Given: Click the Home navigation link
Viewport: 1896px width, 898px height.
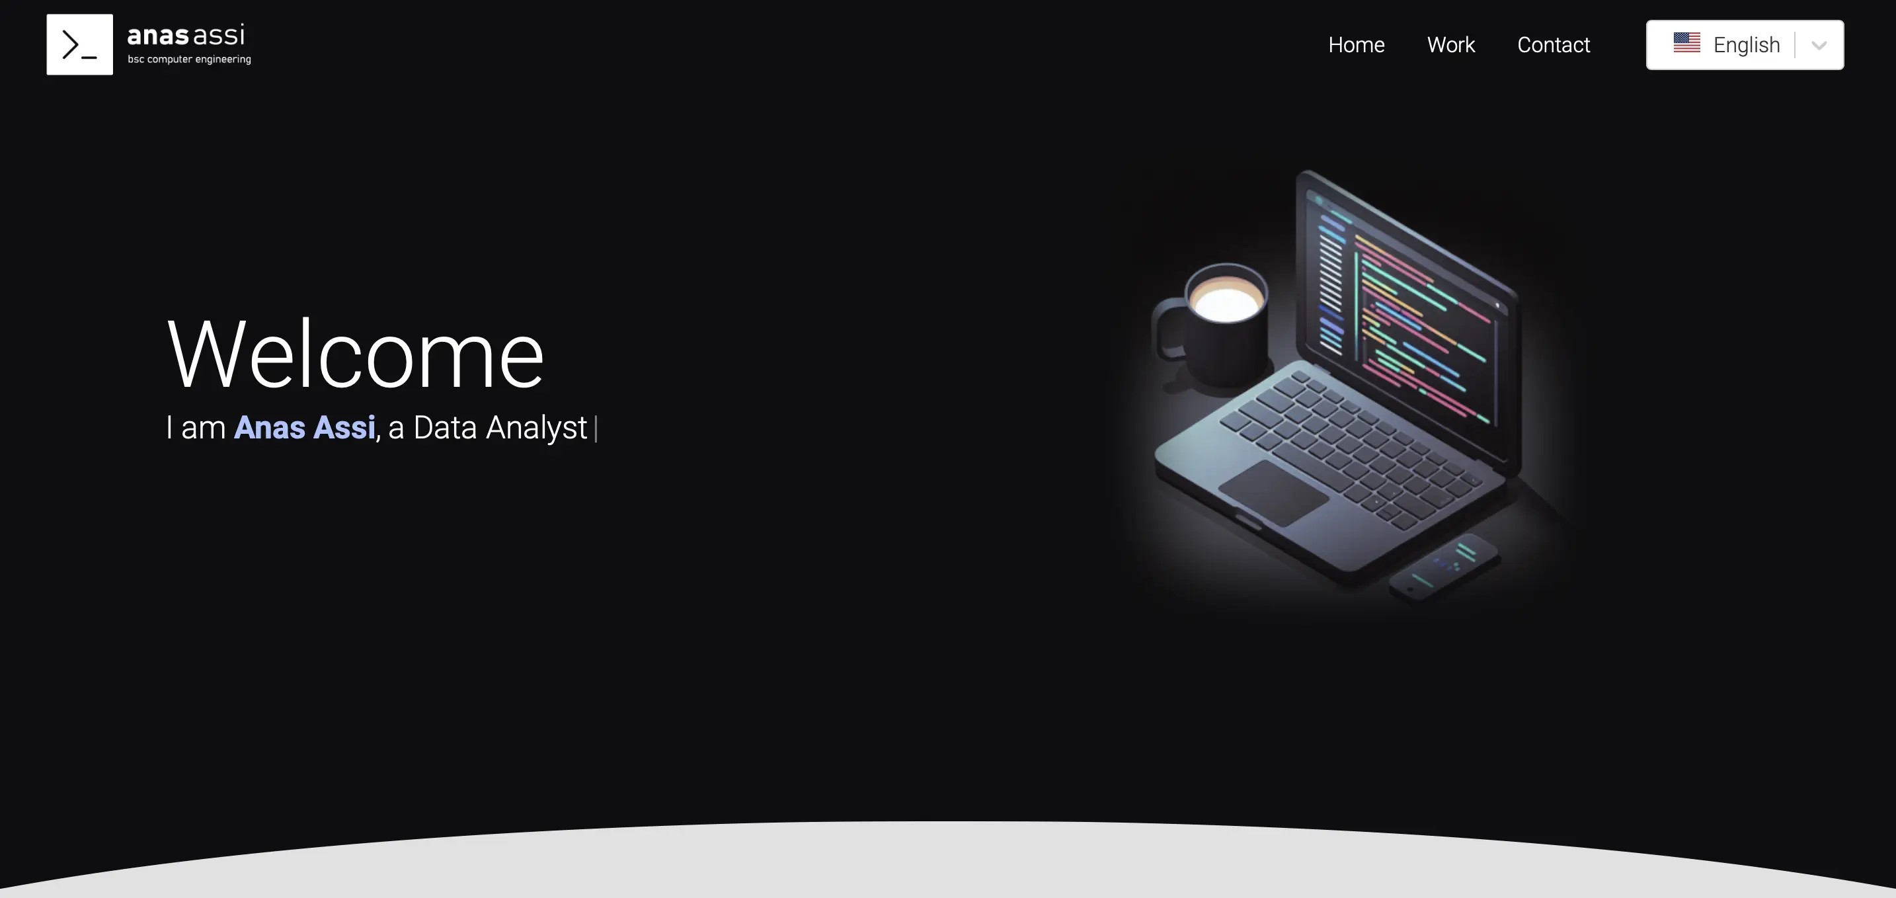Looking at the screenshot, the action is [1357, 45].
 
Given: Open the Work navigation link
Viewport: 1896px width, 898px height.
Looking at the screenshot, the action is [1450, 45].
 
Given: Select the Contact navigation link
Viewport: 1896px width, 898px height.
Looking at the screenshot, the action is [1554, 45].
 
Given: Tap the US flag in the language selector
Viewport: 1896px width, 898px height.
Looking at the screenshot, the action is [1687, 43].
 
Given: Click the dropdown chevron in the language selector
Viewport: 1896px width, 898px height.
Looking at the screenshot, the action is [1819, 46].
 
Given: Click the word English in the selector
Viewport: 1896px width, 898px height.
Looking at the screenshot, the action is [1747, 46].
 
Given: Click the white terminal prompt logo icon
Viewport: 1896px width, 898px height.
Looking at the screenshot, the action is [79, 44].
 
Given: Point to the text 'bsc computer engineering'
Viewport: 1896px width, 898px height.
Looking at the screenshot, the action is [189, 60].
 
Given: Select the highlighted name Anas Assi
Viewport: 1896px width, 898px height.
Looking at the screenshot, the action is [305, 428].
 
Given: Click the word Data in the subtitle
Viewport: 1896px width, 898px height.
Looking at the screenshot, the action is [446, 428].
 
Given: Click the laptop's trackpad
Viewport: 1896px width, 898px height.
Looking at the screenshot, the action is [1274, 493].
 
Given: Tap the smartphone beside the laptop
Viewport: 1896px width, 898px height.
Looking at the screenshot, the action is [1442, 567].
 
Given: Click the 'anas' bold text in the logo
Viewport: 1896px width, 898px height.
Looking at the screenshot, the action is [158, 35].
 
